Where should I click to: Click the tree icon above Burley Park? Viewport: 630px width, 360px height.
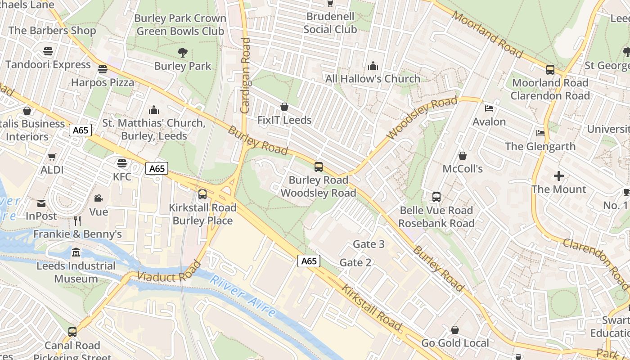tap(182, 53)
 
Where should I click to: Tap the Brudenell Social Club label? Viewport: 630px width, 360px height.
tap(330, 23)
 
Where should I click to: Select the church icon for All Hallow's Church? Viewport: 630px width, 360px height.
tap(373, 66)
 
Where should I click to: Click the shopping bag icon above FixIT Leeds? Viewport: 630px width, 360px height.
tap(284, 107)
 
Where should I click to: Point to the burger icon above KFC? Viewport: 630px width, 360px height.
tap(122, 163)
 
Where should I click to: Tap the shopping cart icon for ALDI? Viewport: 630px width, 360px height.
tap(52, 157)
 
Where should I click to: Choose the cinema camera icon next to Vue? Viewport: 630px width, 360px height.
tap(98, 198)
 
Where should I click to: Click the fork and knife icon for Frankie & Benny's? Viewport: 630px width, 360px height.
tap(77, 220)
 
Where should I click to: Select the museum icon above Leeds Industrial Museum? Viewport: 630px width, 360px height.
tap(76, 252)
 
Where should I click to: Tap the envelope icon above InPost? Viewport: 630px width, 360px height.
tap(41, 203)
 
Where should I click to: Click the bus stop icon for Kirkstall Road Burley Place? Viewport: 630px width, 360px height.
tap(202, 194)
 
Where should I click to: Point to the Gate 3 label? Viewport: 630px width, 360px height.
tap(369, 244)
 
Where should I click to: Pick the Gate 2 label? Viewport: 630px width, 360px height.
tap(355, 262)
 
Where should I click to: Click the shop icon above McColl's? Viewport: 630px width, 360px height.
tap(462, 156)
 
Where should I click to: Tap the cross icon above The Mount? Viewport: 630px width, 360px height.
tap(559, 176)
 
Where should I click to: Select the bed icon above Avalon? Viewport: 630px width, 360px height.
tap(489, 108)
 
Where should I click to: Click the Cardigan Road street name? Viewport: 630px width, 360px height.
tap(246, 75)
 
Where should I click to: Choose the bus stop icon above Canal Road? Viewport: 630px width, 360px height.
tap(72, 332)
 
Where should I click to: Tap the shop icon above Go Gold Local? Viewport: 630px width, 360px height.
tap(455, 330)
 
